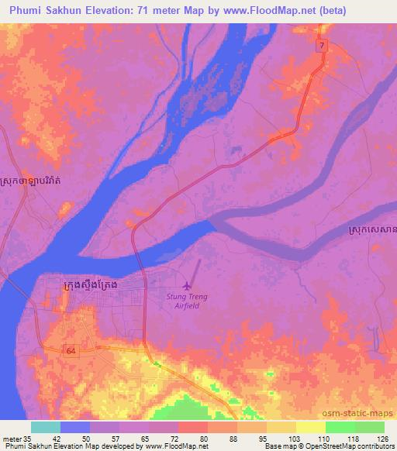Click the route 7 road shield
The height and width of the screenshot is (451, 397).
click(x=321, y=46)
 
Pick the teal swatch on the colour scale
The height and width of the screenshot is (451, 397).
click(x=46, y=427)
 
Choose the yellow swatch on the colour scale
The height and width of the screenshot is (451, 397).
click(x=310, y=427)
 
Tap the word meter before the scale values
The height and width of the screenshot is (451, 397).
click(x=11, y=438)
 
